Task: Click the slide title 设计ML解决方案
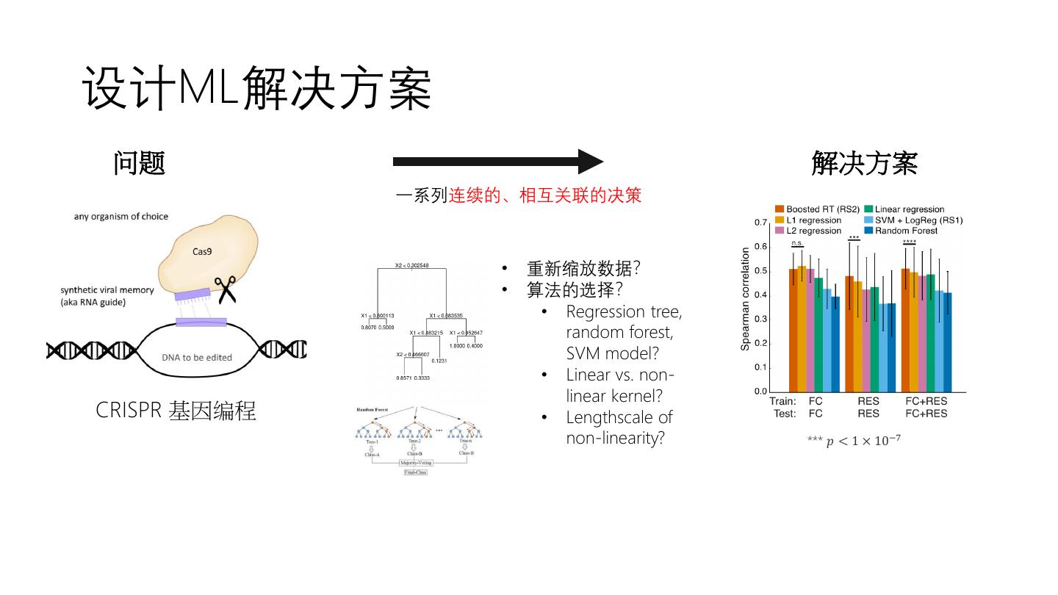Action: coord(256,89)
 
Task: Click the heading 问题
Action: coord(139,163)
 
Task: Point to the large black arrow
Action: coord(497,162)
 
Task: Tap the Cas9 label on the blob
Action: coord(201,251)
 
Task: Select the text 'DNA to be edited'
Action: coord(197,358)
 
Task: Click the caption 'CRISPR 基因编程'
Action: coord(176,411)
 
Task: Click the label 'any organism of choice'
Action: coord(120,217)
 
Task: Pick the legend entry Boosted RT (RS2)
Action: coord(818,209)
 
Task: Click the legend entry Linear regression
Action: coord(904,209)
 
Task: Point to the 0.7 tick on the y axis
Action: coord(761,222)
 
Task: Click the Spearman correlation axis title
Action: coord(746,298)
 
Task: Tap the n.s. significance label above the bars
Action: coord(796,242)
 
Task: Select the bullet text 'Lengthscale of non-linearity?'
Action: coord(619,428)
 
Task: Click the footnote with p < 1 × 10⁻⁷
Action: coord(854,441)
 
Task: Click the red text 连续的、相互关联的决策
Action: coord(545,195)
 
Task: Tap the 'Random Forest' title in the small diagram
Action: coord(372,409)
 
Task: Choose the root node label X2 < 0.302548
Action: coord(411,265)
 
